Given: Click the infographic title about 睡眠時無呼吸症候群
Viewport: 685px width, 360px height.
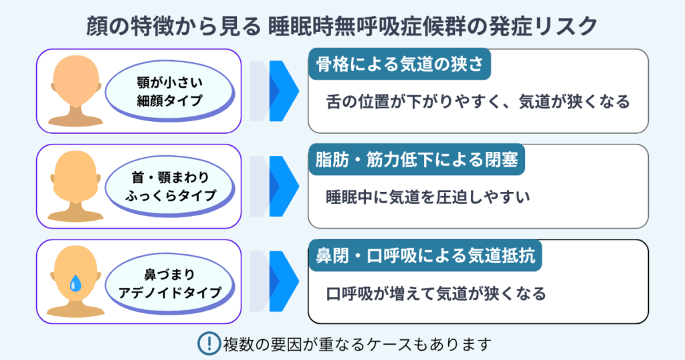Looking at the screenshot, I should pyautogui.click(x=342, y=26).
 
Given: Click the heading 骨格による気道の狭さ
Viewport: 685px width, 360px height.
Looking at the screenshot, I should pyautogui.click(x=399, y=66).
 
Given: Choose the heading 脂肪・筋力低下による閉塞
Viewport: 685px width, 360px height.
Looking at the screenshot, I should pyautogui.click(x=415, y=161).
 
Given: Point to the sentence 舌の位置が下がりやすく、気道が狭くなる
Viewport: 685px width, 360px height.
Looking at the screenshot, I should pyautogui.click(x=478, y=102).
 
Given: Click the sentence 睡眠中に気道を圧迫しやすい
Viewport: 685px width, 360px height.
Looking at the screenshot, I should pyautogui.click(x=427, y=197).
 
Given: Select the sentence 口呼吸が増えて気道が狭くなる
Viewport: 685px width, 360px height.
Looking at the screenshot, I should pyautogui.click(x=436, y=293).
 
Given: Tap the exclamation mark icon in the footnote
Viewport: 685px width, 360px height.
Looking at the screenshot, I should pyautogui.click(x=209, y=344).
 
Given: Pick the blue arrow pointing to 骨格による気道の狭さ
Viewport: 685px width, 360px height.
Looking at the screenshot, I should pyautogui.click(x=281, y=90).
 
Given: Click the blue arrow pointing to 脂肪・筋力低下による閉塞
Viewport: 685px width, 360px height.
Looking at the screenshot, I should pyautogui.click(x=281, y=186).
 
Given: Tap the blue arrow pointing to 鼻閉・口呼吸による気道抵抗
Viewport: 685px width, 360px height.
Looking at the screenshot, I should pyautogui.click(x=281, y=282).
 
